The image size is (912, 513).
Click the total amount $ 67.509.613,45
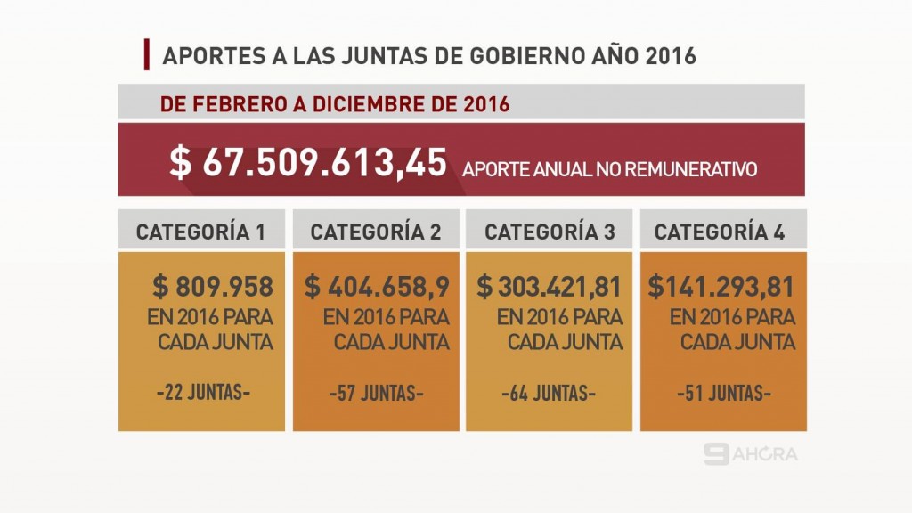click(308, 162)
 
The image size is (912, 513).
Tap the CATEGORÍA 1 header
click(200, 232)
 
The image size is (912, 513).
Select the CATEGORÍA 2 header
click(376, 232)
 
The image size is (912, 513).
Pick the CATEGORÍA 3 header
click(550, 232)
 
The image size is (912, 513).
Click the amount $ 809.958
click(213, 287)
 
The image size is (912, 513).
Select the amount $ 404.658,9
click(377, 287)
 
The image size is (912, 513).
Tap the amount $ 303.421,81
click(550, 287)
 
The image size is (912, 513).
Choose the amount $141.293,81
click(721, 287)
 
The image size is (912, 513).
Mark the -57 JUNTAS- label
click(376, 393)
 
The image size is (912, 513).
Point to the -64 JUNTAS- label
click(549, 393)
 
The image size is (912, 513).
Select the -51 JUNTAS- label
click(723, 393)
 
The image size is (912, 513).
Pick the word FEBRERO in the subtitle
click(234, 103)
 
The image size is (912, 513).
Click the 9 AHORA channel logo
click(750, 454)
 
